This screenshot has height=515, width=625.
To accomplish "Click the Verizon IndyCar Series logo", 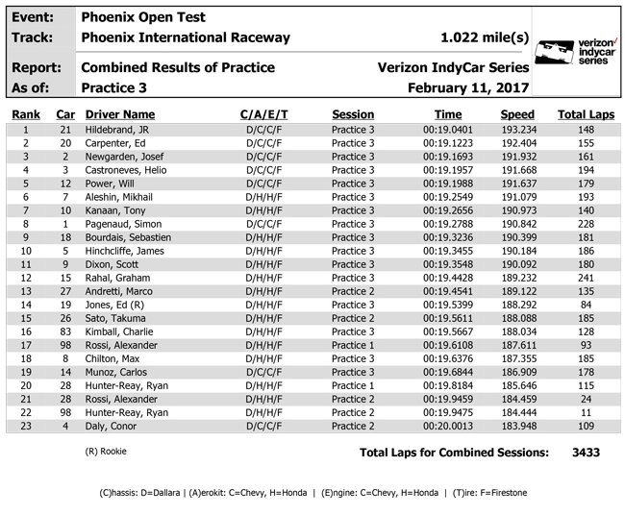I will [575, 53].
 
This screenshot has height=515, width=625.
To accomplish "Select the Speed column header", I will [517, 114].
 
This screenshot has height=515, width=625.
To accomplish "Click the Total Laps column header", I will [586, 114].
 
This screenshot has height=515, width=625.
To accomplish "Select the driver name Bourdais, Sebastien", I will [128, 237].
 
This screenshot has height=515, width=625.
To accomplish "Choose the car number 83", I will [65, 331].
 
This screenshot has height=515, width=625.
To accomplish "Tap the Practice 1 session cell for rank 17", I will [354, 345].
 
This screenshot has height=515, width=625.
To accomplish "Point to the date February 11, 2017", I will [468, 87].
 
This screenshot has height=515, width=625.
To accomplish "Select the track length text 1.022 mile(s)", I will [485, 37].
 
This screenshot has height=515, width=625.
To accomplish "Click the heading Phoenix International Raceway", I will [186, 37].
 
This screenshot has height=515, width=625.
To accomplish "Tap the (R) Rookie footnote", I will [106, 451].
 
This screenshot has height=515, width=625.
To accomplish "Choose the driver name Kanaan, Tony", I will [114, 210].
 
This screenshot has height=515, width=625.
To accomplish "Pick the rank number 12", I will [26, 278].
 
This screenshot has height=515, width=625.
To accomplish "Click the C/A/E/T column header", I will [263, 114].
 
